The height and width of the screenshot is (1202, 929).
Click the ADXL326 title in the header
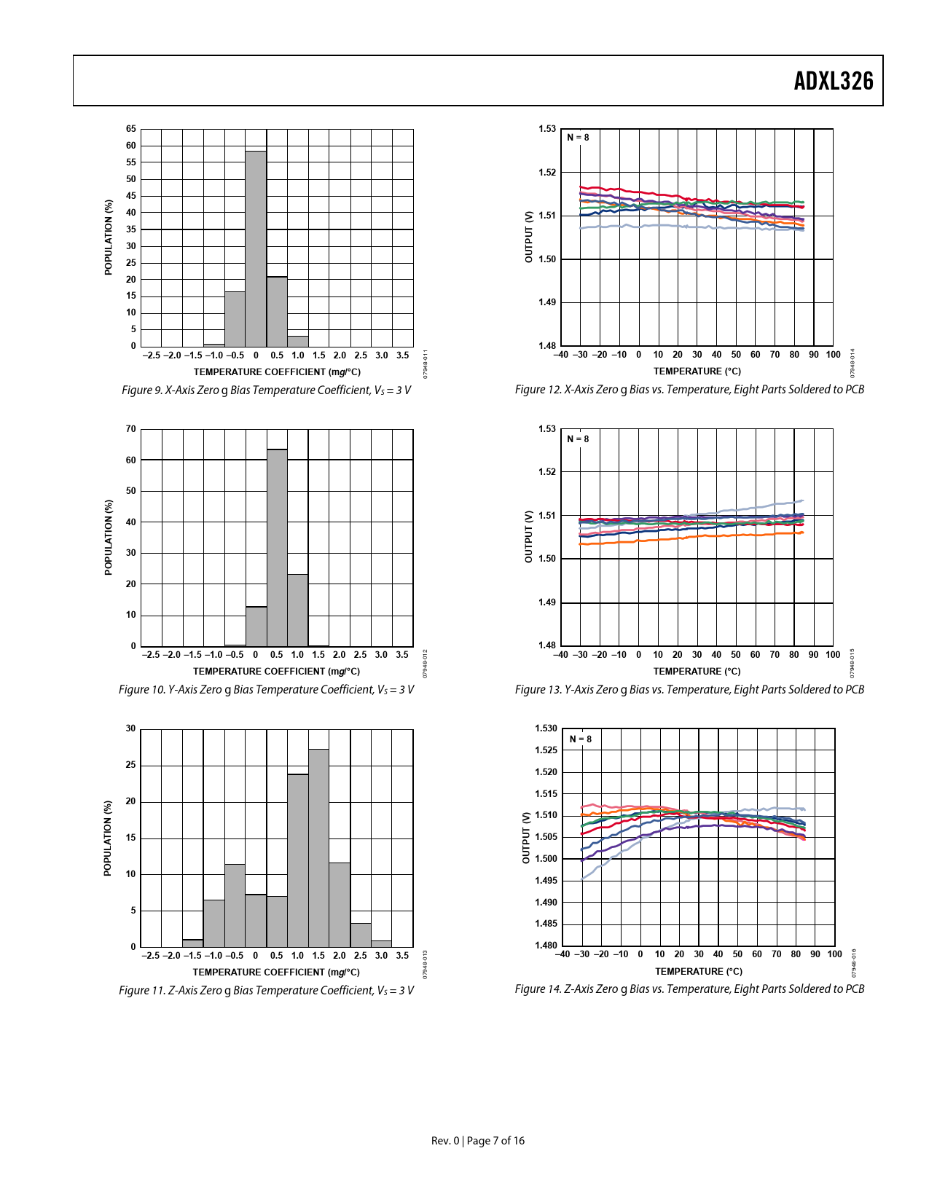tap(833, 81)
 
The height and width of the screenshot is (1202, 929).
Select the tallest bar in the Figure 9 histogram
tap(256, 248)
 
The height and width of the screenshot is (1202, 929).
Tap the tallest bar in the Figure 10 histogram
tap(277, 547)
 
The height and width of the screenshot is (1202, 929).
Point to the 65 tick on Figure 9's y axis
tap(131, 129)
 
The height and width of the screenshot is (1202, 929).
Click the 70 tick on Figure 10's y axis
tap(131, 429)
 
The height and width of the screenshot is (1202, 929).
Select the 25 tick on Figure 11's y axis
tap(131, 765)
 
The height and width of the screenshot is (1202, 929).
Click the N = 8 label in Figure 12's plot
tap(578, 138)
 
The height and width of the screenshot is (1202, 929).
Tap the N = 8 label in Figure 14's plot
tap(581, 739)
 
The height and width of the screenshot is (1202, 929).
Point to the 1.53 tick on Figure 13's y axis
tap(547, 429)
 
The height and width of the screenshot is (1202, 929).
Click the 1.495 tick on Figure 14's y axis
tap(546, 881)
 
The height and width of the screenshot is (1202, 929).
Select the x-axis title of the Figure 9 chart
tap(277, 372)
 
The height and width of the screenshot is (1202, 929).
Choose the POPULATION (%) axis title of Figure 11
tap(108, 838)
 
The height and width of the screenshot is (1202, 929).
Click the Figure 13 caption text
tap(689, 689)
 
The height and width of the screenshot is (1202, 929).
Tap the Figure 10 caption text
tap(267, 689)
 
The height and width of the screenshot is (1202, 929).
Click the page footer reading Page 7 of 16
tap(495, 1141)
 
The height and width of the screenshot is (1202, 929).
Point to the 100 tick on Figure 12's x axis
tap(833, 355)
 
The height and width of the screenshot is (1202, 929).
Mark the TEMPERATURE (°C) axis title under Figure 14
tap(698, 971)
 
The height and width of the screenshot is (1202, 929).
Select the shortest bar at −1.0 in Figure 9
tap(214, 345)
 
